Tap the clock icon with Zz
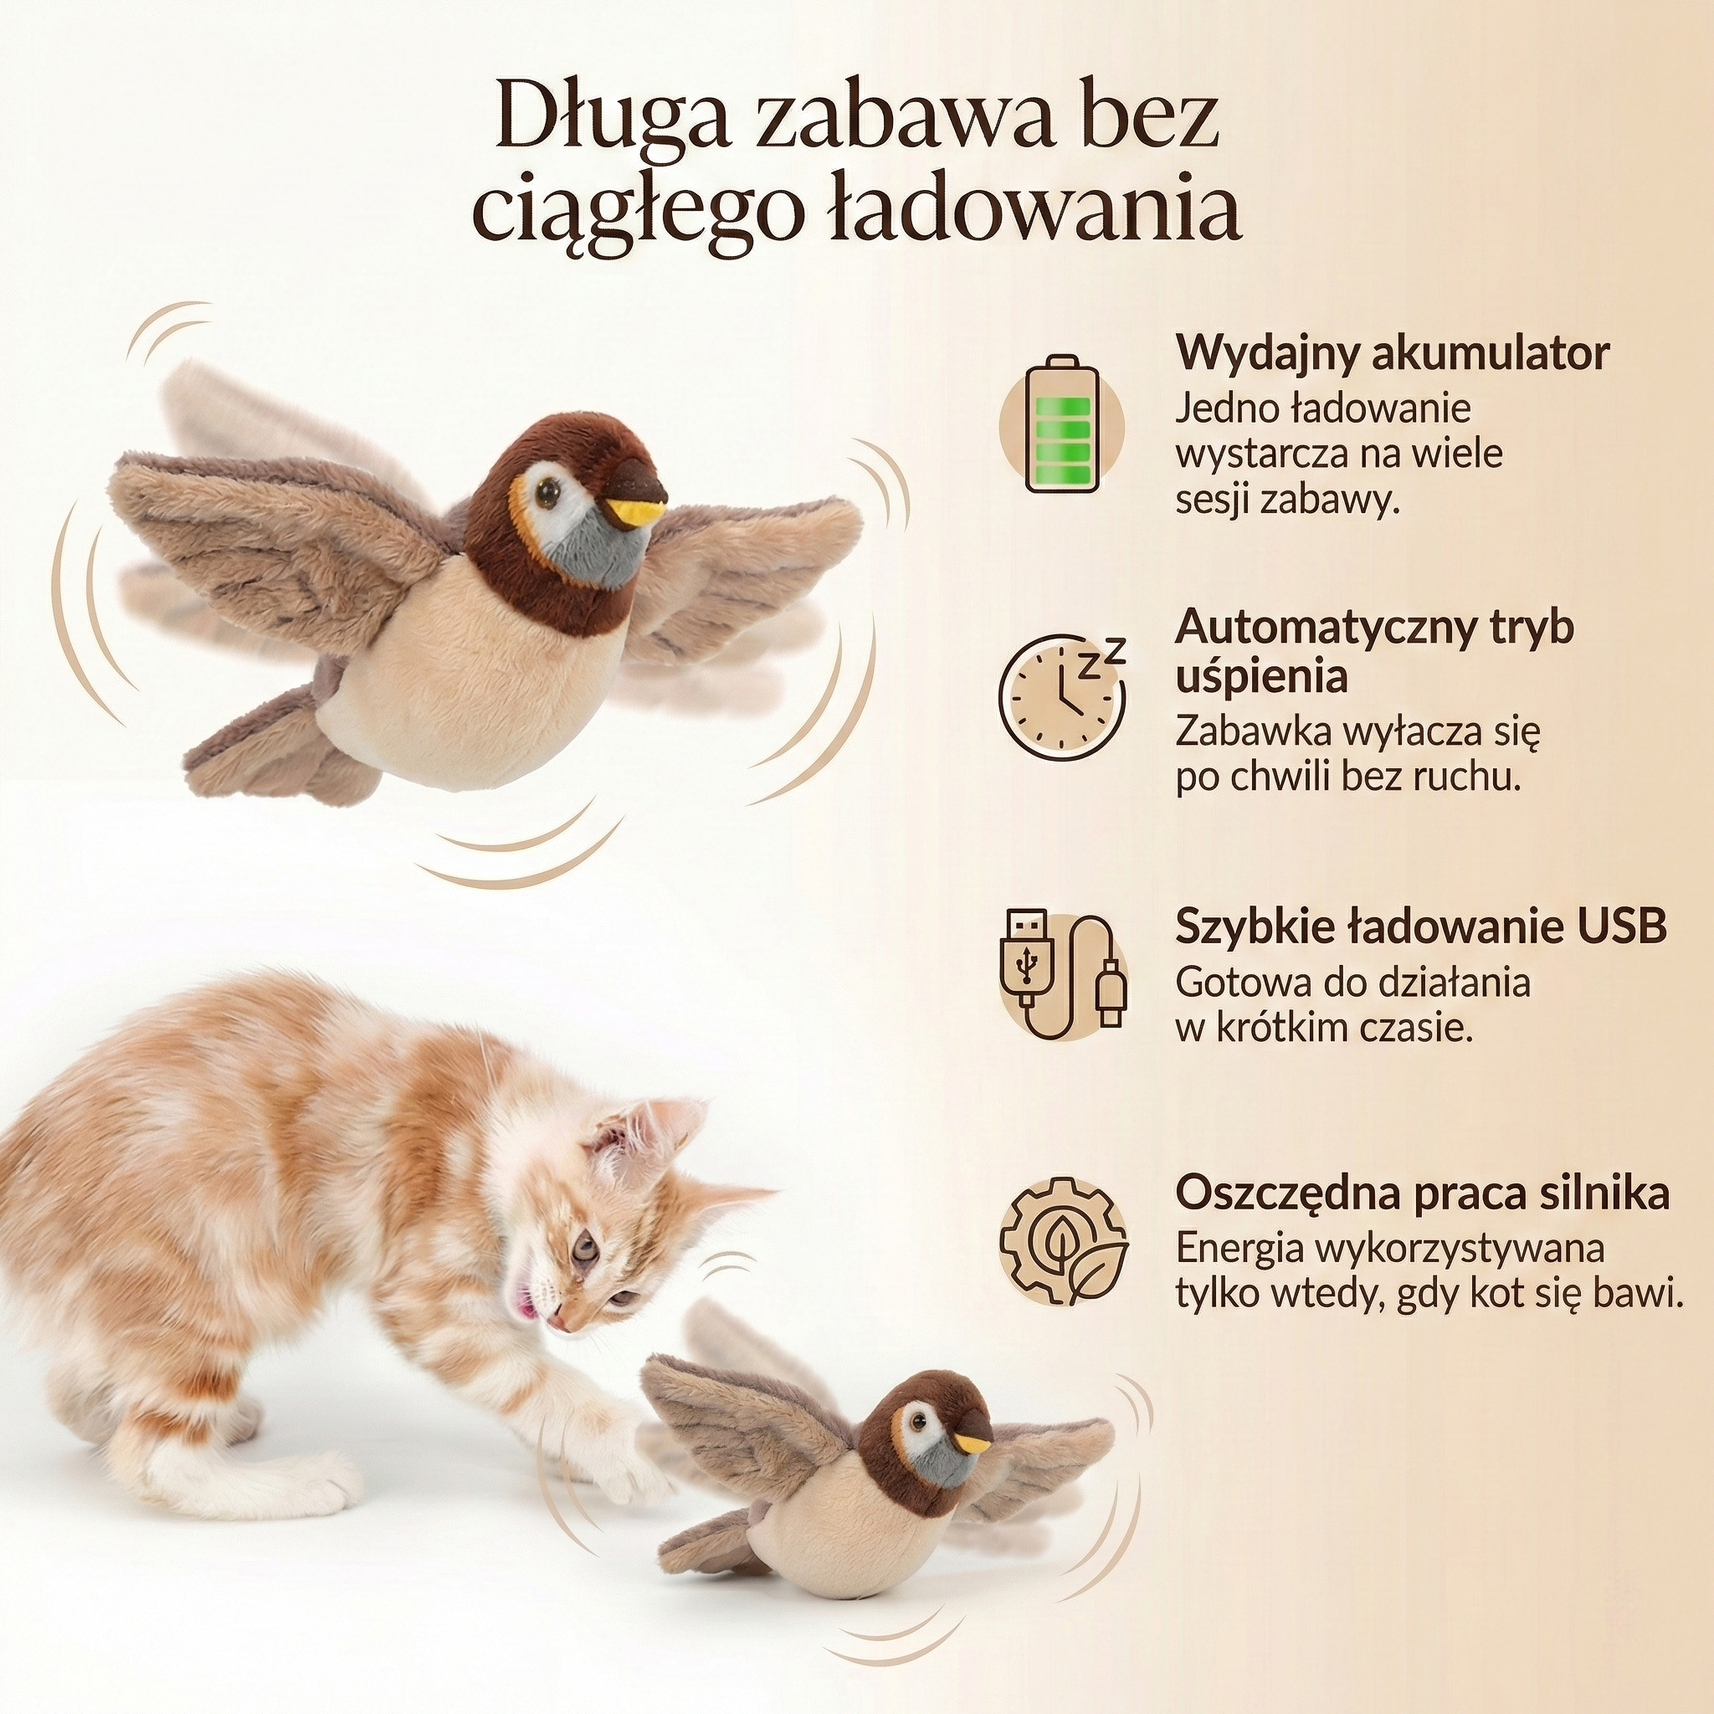1060,696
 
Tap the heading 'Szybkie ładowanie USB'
1420,926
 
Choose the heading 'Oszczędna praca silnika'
1422,1193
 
